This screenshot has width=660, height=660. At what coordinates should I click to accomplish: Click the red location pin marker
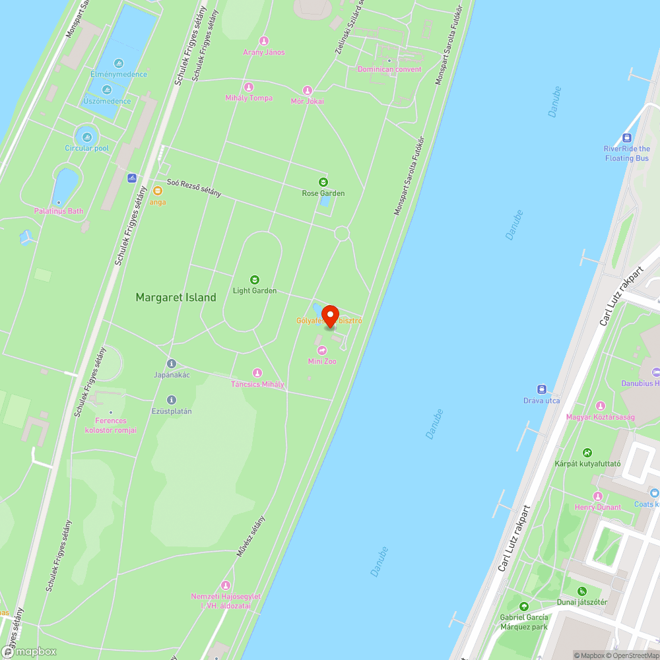329,316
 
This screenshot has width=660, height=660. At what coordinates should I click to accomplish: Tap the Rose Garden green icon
323,181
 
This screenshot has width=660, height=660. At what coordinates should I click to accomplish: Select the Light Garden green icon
255,279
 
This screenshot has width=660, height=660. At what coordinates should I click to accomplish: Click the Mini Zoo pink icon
322,350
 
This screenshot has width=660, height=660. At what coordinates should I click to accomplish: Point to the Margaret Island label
176,298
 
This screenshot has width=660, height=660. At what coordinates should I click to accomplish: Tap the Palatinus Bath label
59,211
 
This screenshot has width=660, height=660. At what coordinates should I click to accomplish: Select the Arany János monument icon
264,41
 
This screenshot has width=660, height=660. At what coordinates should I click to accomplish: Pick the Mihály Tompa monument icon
249,87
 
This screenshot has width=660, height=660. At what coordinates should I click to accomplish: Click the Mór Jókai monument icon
307,90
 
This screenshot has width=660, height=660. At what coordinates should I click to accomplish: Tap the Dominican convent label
389,69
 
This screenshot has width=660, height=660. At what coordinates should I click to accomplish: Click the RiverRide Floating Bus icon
626,138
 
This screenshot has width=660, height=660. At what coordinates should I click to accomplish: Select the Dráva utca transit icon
541,389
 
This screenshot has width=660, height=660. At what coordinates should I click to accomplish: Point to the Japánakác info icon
172,364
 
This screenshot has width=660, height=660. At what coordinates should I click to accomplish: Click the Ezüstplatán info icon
172,400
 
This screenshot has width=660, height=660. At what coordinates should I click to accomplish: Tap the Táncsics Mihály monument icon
257,373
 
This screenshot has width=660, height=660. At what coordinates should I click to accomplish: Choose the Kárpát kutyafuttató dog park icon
587,453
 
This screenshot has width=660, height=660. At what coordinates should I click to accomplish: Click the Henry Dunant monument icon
598,496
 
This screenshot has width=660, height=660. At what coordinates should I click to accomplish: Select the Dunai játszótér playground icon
581,591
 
